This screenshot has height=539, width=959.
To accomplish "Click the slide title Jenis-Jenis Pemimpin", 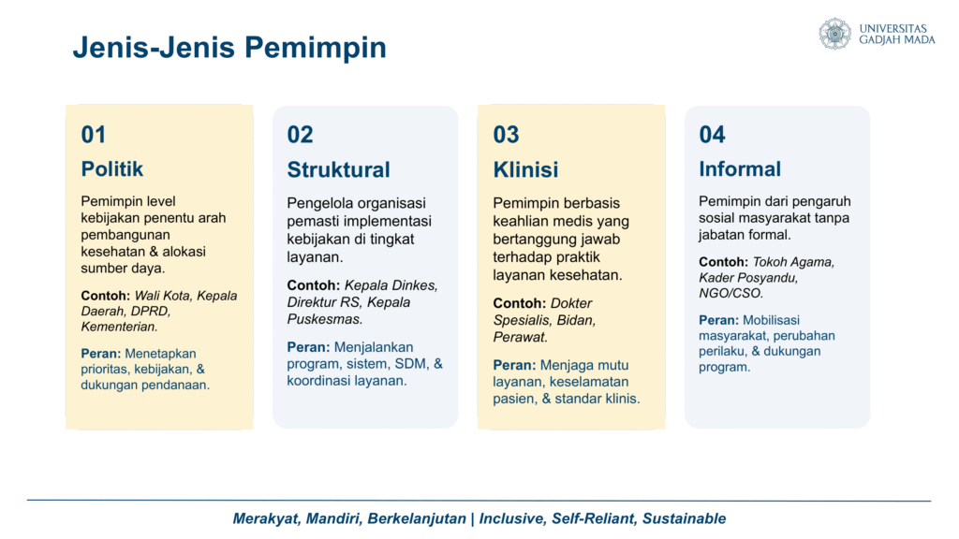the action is (x=229, y=48).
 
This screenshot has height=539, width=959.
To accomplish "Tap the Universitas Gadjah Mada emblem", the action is (x=834, y=34).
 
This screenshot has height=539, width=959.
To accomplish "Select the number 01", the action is (x=94, y=135).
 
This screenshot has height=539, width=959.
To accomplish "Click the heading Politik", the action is (x=112, y=168).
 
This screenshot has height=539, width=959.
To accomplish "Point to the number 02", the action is (x=300, y=135).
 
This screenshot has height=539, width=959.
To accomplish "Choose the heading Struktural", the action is (x=338, y=169).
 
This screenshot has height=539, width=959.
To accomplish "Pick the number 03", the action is (x=506, y=135).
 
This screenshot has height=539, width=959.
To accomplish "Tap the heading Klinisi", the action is (x=525, y=169).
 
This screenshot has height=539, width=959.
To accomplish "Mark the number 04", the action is (x=712, y=135).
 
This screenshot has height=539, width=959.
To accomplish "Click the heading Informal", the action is (x=740, y=168).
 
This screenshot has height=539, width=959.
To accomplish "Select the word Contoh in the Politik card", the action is (x=105, y=296).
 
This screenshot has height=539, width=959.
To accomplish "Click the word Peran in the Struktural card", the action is (x=308, y=347).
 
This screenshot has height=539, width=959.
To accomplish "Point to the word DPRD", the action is (x=150, y=311).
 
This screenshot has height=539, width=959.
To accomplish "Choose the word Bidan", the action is (x=576, y=320).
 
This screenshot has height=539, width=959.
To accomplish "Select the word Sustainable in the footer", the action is (x=684, y=518).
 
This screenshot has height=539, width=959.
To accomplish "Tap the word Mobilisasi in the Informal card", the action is (x=772, y=320).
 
